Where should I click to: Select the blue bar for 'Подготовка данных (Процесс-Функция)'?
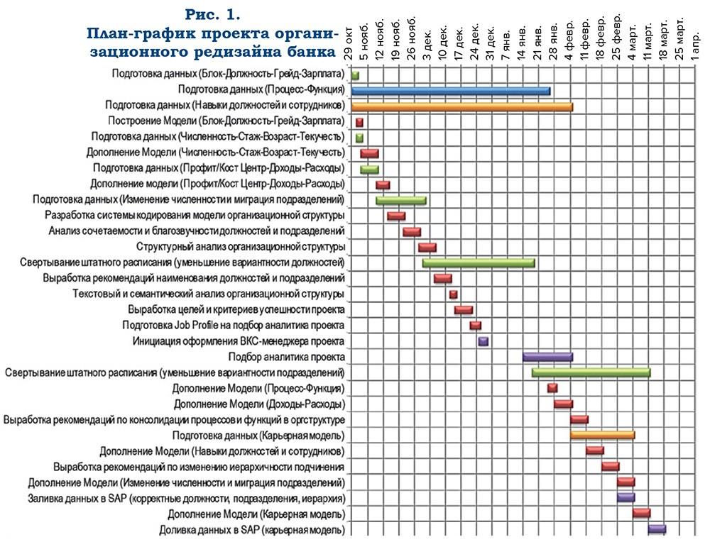[451, 91]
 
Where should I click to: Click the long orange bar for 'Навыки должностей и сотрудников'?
[462, 106]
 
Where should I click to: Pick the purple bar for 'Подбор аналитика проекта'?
[547, 357]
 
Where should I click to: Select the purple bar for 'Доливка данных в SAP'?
[657, 529]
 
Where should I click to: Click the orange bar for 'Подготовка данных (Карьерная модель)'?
[602, 435]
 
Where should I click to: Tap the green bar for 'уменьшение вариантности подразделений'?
[591, 372]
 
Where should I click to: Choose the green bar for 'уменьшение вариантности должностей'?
[479, 263]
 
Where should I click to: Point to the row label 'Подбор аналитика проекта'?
[287, 357]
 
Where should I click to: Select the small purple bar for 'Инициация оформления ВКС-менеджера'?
[483, 341]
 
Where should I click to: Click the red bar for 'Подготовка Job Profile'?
[476, 326]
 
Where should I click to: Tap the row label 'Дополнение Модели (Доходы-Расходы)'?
[259, 404]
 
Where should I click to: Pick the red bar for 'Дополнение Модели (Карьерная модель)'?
[641, 513]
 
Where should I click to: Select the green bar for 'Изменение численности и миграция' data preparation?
[401, 200]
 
